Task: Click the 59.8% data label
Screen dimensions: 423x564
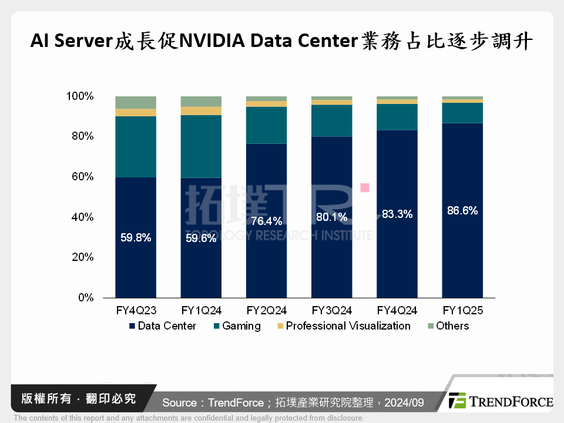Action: (x=136, y=238)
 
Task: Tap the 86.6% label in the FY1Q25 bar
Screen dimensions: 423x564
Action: (x=462, y=210)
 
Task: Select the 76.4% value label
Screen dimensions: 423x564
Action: (x=267, y=221)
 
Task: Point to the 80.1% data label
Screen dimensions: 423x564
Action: (x=332, y=217)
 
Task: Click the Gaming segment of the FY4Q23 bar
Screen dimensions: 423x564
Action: (x=136, y=146)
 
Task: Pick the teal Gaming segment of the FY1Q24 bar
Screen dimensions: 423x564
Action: (x=201, y=146)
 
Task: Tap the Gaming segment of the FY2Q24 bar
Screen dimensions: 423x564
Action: (x=267, y=125)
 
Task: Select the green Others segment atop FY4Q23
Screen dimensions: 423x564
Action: (x=136, y=102)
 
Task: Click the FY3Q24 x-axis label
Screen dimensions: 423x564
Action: (x=332, y=310)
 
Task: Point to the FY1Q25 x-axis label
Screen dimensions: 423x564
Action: (x=462, y=310)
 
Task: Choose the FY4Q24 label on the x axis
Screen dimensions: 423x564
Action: (x=397, y=310)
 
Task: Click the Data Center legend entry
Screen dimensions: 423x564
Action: (x=163, y=326)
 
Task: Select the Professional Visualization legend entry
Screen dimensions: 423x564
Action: (x=344, y=326)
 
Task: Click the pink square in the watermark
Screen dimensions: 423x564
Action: (x=365, y=187)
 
